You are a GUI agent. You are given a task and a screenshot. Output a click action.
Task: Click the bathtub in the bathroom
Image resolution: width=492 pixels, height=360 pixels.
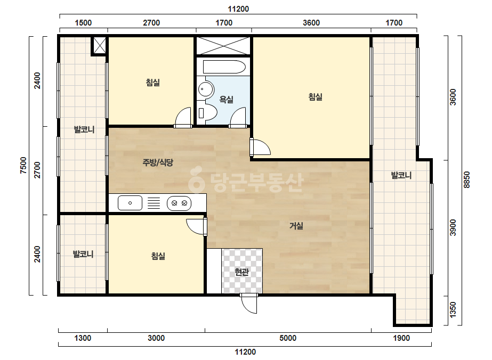pyautogui.click(x=224, y=67)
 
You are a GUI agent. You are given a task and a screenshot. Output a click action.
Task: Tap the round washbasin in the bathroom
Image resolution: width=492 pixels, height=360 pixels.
pyautogui.click(x=205, y=89)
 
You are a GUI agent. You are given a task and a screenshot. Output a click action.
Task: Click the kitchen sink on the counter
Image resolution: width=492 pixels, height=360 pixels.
pyautogui.click(x=130, y=203)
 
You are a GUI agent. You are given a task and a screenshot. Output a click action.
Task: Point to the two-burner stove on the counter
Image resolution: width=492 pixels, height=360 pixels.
pyautogui.click(x=179, y=203)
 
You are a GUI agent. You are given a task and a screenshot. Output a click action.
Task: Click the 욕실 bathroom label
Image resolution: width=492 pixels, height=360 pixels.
pyautogui.click(x=226, y=100)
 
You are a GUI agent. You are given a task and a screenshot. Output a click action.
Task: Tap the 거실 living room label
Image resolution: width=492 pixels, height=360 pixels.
pyautogui.click(x=296, y=225)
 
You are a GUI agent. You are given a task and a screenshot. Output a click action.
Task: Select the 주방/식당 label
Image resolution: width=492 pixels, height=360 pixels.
pyautogui.click(x=158, y=162)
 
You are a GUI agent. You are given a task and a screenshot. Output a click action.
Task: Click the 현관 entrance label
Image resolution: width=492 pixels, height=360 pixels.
pyautogui.click(x=241, y=272)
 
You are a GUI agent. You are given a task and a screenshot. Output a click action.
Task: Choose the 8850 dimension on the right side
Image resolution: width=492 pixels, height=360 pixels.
pyautogui.click(x=467, y=179)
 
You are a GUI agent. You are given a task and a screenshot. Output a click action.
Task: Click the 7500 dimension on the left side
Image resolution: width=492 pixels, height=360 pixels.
pyautogui.click(x=23, y=165)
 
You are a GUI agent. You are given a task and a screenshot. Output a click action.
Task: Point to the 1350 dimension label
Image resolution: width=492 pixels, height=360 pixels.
pyautogui.click(x=453, y=309)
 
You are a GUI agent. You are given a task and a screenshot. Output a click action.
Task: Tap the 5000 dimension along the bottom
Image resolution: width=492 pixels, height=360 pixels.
pyautogui.click(x=288, y=338)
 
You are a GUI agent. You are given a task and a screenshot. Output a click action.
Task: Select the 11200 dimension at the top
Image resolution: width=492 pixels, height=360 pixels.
pyautogui.click(x=238, y=9)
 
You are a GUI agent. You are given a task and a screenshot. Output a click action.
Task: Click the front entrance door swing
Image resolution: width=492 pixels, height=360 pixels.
pyautogui.click(x=249, y=303)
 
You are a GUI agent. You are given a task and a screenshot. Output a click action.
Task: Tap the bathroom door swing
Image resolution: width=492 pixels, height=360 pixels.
pyautogui.click(x=238, y=118)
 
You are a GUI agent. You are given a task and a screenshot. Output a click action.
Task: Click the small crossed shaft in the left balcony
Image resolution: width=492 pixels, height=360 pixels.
pyautogui.click(x=100, y=46)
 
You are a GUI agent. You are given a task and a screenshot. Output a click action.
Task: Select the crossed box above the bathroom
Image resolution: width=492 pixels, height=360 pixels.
pyautogui.click(x=223, y=46)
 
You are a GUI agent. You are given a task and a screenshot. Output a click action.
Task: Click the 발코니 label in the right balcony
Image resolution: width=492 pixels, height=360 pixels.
pyautogui.click(x=401, y=175)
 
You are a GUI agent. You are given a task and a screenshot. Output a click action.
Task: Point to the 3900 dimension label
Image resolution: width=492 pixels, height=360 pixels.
pyautogui.click(x=453, y=228)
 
